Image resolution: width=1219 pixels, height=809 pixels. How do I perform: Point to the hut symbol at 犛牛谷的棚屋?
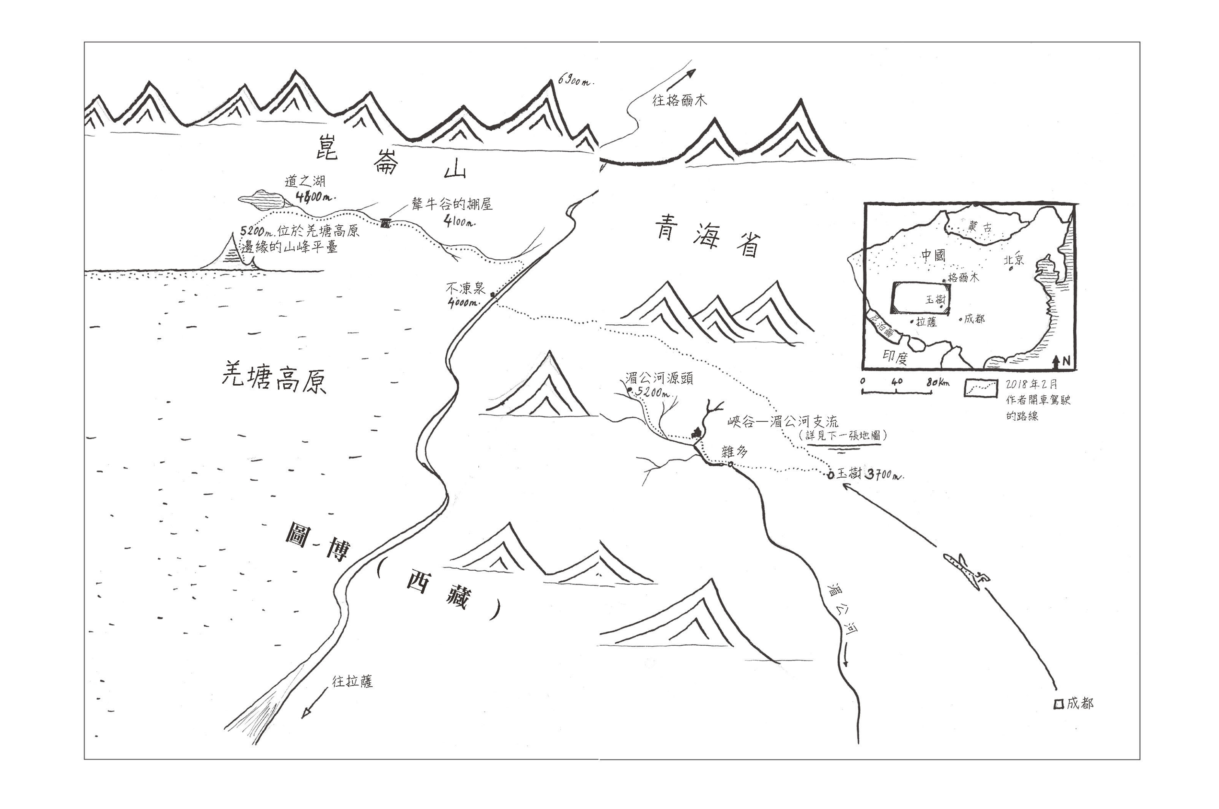(x=385, y=223)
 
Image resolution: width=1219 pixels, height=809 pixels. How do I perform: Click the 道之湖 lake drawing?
(x=263, y=199)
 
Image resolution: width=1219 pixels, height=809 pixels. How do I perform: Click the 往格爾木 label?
(x=679, y=100)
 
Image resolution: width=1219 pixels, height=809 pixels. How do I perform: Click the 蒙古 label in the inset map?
(x=980, y=227)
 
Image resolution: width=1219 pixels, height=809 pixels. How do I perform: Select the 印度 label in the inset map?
(x=895, y=357)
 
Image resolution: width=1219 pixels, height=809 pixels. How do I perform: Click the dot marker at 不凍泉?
(x=493, y=295)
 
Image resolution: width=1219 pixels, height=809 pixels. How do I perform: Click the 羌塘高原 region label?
(x=274, y=378)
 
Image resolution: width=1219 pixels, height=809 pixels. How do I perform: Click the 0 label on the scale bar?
(x=863, y=382)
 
